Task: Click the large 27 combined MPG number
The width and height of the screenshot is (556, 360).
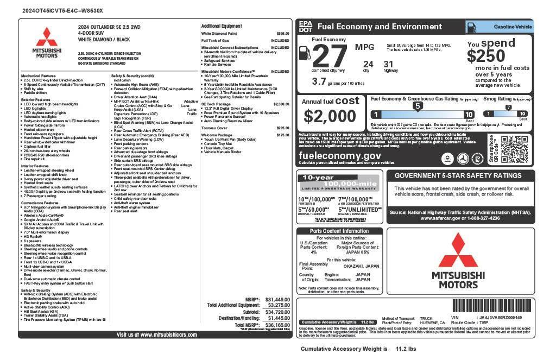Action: click(329, 56)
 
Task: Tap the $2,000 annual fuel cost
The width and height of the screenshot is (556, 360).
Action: click(330, 116)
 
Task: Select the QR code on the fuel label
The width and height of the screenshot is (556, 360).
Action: click(514, 148)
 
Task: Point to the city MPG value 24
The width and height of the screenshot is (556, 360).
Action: click(368, 64)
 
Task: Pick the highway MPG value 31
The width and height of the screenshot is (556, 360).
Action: click(388, 64)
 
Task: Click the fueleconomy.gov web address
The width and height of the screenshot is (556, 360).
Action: click(340, 155)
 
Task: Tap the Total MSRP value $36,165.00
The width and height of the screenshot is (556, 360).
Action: click(277, 325)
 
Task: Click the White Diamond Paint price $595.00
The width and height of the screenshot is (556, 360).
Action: click(282, 34)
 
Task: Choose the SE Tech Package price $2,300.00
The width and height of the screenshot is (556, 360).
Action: click(281, 104)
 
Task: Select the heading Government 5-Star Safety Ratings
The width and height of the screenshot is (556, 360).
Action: click(458, 176)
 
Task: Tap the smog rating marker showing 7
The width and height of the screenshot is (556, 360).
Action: click(508, 107)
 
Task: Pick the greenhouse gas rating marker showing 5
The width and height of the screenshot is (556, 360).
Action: click(418, 106)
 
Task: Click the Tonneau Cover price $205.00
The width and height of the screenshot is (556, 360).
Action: click(282, 128)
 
